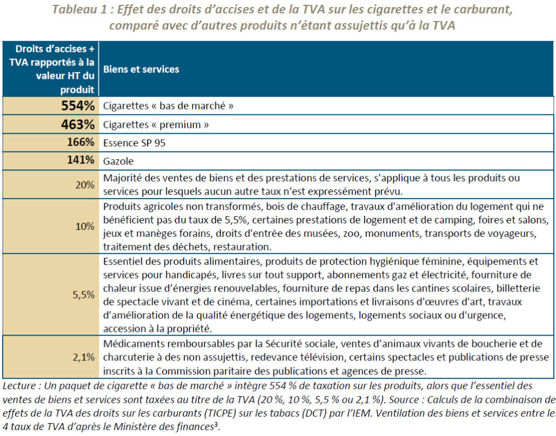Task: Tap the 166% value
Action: tap(81, 142)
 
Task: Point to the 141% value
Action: tap(81, 160)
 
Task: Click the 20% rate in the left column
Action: tap(85, 185)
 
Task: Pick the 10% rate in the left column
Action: tap(85, 226)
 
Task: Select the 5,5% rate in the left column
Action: tap(84, 295)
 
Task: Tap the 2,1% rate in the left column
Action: tap(84, 357)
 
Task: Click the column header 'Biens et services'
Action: tap(141, 69)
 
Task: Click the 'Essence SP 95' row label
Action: tap(134, 143)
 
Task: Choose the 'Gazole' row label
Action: tap(118, 161)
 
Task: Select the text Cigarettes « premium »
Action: tap(156, 125)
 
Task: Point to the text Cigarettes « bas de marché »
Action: tap(168, 106)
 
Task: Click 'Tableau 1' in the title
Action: tap(79, 9)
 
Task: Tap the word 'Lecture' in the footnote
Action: tap(19, 386)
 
